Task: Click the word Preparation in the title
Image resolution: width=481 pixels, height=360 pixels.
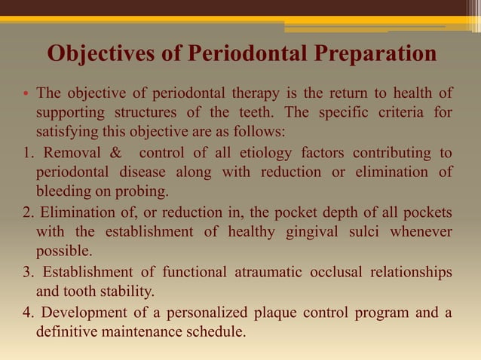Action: [375, 56]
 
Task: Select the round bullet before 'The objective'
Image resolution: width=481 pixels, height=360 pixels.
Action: [24, 95]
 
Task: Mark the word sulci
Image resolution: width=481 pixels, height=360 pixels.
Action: [365, 231]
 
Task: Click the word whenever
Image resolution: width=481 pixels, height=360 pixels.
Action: [421, 231]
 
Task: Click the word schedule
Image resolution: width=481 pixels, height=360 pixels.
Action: [215, 329]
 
